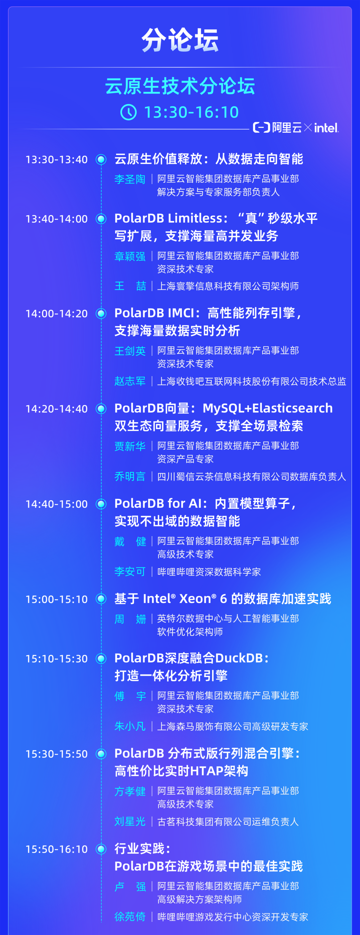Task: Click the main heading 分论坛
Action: click(180, 40)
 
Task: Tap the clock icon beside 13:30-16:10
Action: click(128, 112)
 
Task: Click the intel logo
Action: click(326, 128)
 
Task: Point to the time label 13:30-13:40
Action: click(57, 160)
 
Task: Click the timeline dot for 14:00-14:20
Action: click(101, 313)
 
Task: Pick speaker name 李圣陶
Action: click(130, 179)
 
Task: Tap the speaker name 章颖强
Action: click(130, 256)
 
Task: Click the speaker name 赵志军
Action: click(130, 381)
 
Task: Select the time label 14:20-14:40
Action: click(57, 409)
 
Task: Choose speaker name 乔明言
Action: click(130, 476)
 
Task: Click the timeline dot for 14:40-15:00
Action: click(101, 504)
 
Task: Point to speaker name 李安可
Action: click(130, 572)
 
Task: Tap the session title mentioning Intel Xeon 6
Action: click(222, 599)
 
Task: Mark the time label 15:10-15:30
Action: click(57, 659)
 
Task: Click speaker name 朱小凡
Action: click(130, 726)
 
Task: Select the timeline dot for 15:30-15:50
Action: click(101, 754)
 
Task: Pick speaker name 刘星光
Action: click(130, 821)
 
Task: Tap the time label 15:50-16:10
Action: click(57, 849)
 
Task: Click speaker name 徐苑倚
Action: click(130, 917)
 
